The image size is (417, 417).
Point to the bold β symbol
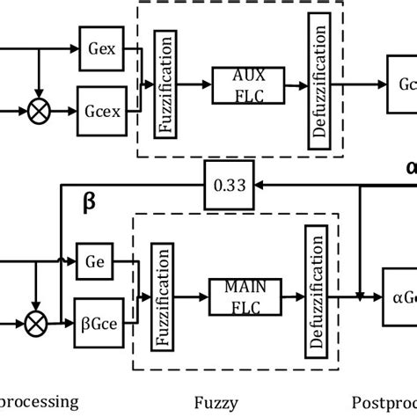coord(89,202)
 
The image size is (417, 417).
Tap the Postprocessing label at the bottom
coord(384,404)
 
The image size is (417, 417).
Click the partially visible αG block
coord(400,296)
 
